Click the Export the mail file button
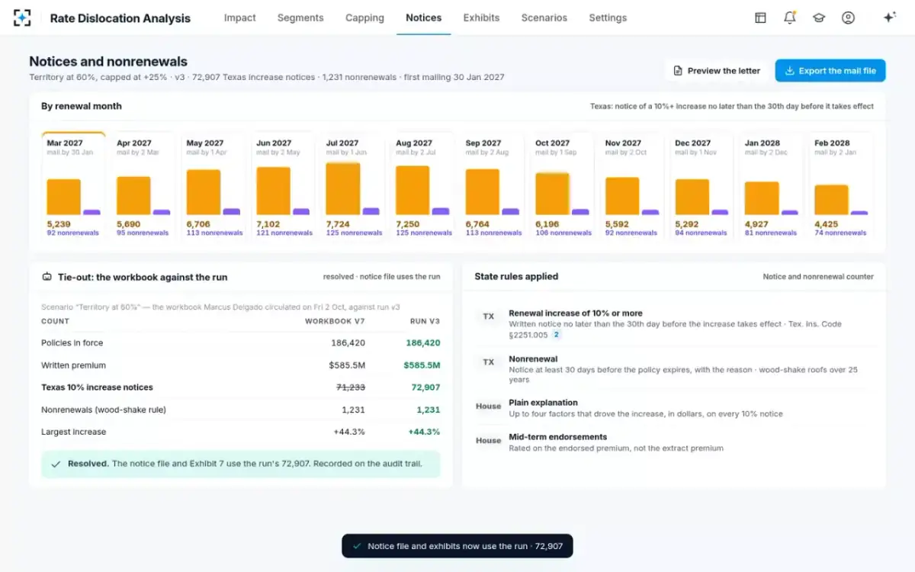click(x=830, y=71)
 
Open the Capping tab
click(x=364, y=18)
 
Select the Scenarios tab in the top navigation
click(x=544, y=18)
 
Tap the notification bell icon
click(x=790, y=18)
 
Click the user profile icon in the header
click(x=848, y=18)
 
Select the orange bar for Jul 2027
click(x=343, y=189)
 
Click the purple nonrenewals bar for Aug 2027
click(x=441, y=211)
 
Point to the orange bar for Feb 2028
click(x=831, y=200)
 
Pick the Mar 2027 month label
click(x=65, y=143)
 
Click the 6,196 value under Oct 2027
click(x=547, y=224)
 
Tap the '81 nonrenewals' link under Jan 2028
click(x=770, y=233)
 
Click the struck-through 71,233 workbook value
click(x=351, y=387)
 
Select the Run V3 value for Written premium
click(x=422, y=365)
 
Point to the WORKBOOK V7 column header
click(x=335, y=321)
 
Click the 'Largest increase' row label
click(x=73, y=432)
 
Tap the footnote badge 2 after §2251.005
click(x=556, y=335)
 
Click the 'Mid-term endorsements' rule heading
click(x=557, y=437)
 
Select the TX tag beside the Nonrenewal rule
click(x=489, y=362)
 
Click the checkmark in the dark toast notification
click(x=357, y=546)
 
